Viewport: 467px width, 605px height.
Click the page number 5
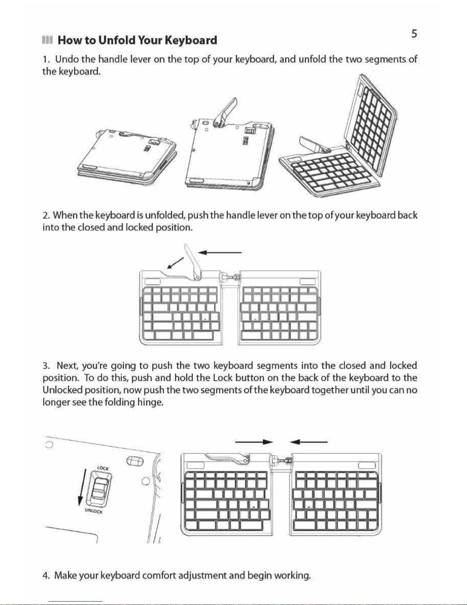click(x=414, y=34)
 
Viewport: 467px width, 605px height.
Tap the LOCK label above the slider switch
click(x=103, y=468)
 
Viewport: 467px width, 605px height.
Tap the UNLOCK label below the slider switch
click(x=94, y=511)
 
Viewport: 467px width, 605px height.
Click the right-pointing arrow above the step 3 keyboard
click(x=254, y=442)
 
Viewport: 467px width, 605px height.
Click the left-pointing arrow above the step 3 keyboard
click(x=308, y=442)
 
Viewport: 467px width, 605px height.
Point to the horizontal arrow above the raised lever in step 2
click(x=220, y=253)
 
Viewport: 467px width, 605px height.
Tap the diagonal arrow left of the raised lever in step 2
click(x=175, y=263)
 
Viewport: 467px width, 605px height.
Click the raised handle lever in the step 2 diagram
click(x=193, y=262)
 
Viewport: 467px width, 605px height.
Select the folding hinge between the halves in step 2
click(x=230, y=277)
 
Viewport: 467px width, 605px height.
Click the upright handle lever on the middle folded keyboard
click(x=225, y=113)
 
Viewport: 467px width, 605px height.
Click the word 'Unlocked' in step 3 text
click(x=63, y=390)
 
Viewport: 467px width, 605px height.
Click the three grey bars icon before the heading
click(x=47, y=40)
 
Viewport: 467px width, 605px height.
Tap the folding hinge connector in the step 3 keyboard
click(x=282, y=461)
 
